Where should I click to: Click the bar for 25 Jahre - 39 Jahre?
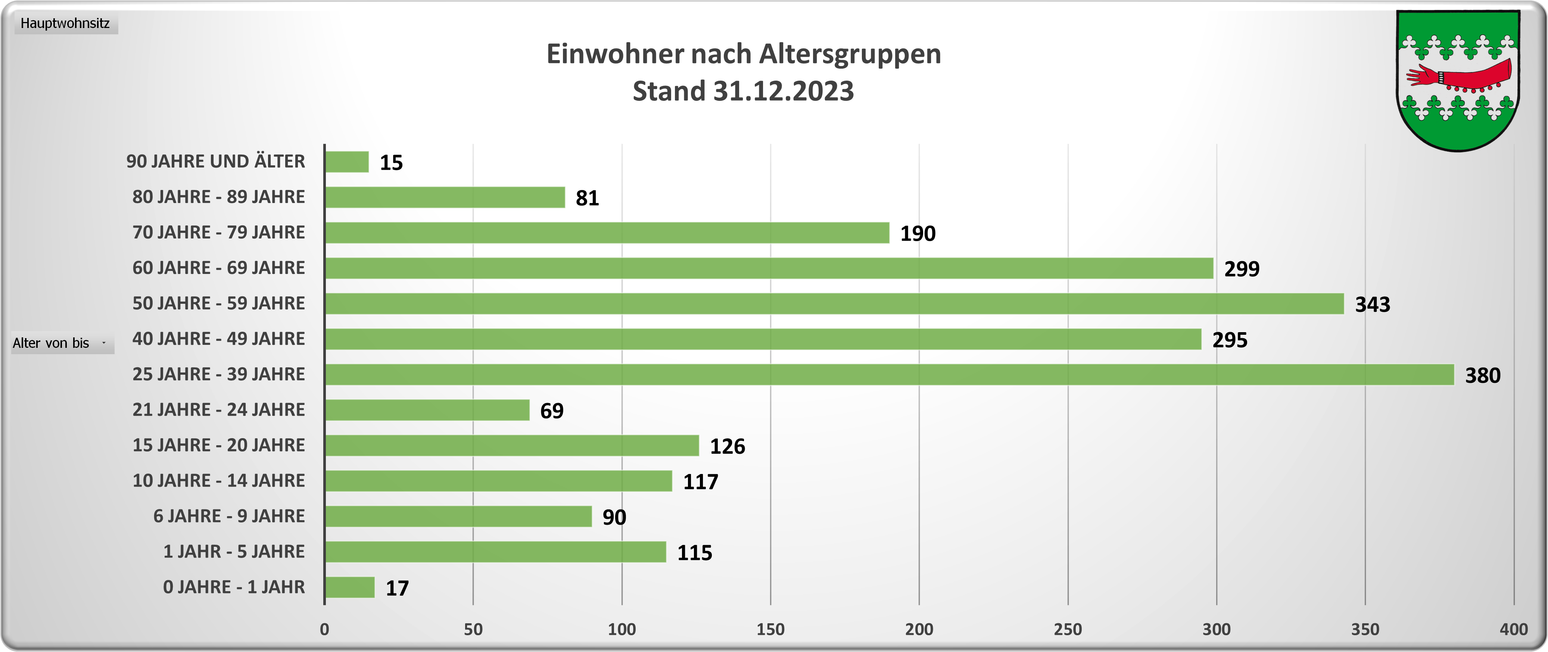(890, 374)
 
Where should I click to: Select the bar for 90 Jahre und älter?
(347, 162)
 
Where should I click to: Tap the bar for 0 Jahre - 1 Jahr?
(350, 587)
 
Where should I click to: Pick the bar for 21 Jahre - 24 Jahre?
(427, 410)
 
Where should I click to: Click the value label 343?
(1373, 305)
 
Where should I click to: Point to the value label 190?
(918, 234)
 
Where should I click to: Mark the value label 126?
(727, 446)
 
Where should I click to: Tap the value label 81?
(587, 198)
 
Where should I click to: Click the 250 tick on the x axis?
(1068, 629)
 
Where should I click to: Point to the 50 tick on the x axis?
(473, 629)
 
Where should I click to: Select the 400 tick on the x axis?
(1514, 629)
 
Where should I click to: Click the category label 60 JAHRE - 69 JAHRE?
(219, 268)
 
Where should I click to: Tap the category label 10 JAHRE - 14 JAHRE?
(219, 481)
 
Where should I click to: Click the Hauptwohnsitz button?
(65, 24)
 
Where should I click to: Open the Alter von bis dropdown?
(62, 343)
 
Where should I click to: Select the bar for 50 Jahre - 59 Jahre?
(834, 303)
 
